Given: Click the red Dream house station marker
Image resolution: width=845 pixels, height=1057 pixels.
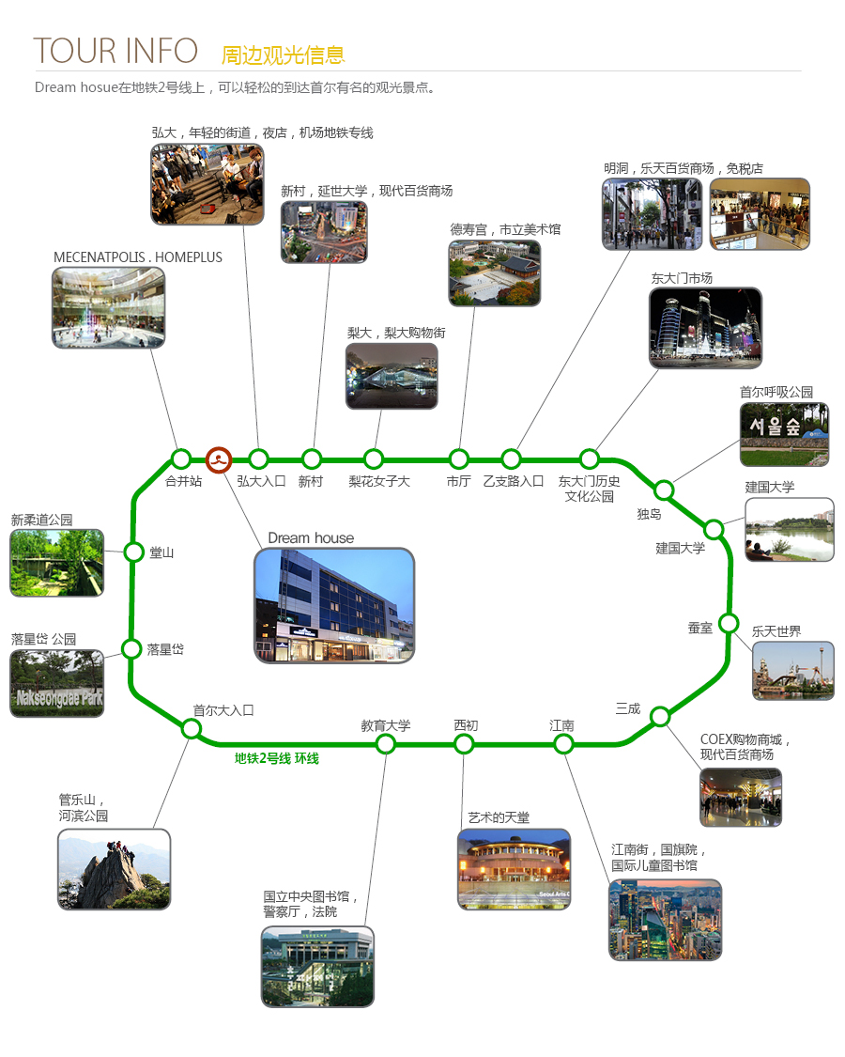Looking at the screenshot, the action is pos(219,460).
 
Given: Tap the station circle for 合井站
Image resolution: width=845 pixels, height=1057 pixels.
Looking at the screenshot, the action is pos(180,459).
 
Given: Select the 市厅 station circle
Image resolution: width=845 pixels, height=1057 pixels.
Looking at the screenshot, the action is pos(459,459).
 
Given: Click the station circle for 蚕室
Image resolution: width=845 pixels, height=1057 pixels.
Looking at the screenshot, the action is pos(729,623).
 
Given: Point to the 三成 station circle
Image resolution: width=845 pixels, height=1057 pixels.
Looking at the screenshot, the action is pos(660,716).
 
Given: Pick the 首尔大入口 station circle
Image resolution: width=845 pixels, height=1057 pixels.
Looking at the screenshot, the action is pos(192,729).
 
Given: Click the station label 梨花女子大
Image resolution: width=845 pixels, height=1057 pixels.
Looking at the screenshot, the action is pos(378,481).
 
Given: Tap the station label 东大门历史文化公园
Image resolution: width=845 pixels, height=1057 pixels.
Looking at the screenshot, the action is pos(589,489).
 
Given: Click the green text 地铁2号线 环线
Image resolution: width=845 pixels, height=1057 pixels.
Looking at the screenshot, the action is pos(276,758).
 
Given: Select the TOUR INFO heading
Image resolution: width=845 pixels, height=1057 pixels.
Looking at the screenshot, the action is pos(115,52).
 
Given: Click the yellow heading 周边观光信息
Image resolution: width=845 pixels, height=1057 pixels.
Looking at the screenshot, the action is pos(283,55).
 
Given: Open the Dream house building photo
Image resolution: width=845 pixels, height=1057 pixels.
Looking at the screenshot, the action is pos(334,605).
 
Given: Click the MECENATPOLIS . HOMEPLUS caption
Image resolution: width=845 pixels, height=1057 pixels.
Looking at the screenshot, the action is pos(137,257).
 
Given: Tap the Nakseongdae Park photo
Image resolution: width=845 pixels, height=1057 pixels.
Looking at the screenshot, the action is pos(57,684).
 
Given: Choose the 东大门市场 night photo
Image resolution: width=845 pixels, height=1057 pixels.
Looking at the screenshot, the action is pos(705,328).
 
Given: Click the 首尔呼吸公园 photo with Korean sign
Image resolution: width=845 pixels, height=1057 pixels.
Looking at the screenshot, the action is pos(784,435).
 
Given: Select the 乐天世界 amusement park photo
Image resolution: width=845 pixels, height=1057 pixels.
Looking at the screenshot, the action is pos(793,671).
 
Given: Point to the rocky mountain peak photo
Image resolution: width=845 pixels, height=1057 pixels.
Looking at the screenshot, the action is pos(114,870).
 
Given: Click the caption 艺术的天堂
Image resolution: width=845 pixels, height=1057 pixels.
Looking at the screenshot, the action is pos(499,817).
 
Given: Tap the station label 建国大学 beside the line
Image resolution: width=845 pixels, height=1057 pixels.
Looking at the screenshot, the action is pos(680,548).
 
